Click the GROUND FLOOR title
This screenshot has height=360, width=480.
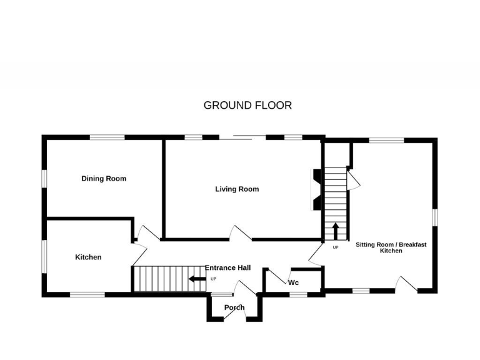click(x=247, y=105)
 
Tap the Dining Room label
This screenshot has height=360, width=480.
click(x=104, y=179)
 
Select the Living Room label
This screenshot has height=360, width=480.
click(x=237, y=189)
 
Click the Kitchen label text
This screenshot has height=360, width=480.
click(x=88, y=257)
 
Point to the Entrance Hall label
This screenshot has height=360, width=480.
click(x=227, y=267)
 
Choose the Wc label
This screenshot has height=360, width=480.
click(x=293, y=282)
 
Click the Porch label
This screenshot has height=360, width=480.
click(x=234, y=307)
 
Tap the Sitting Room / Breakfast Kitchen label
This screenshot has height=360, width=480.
click(x=391, y=247)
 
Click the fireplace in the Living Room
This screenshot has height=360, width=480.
click(x=316, y=189)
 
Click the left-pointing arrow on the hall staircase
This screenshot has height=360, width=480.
click(x=198, y=279)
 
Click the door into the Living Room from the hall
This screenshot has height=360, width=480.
click(x=241, y=232)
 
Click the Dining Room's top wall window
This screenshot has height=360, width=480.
click(x=107, y=137)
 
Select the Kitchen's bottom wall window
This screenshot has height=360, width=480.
click(x=87, y=294)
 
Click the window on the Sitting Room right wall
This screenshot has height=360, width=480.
click(x=435, y=216)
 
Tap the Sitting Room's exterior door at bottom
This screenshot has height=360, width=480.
click(x=406, y=284)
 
